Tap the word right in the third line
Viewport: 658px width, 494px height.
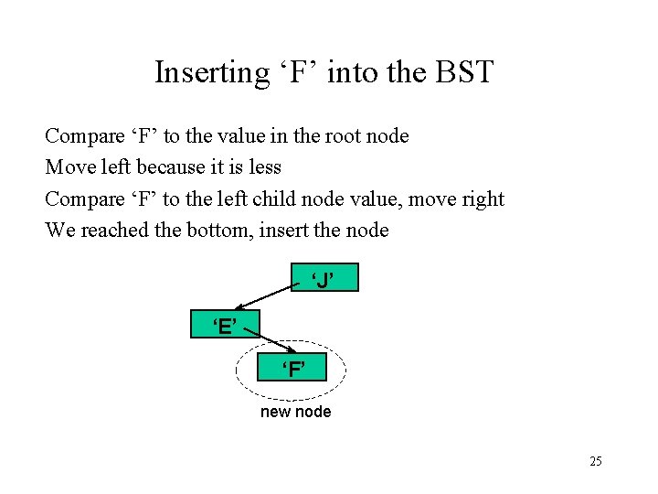[x=483, y=199]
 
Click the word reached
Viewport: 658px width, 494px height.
[x=112, y=230]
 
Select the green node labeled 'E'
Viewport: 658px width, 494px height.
[x=225, y=324]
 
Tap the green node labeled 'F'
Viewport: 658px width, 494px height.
[x=292, y=369]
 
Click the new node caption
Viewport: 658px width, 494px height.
[x=296, y=412]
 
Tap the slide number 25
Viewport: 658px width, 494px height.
[x=595, y=461]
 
